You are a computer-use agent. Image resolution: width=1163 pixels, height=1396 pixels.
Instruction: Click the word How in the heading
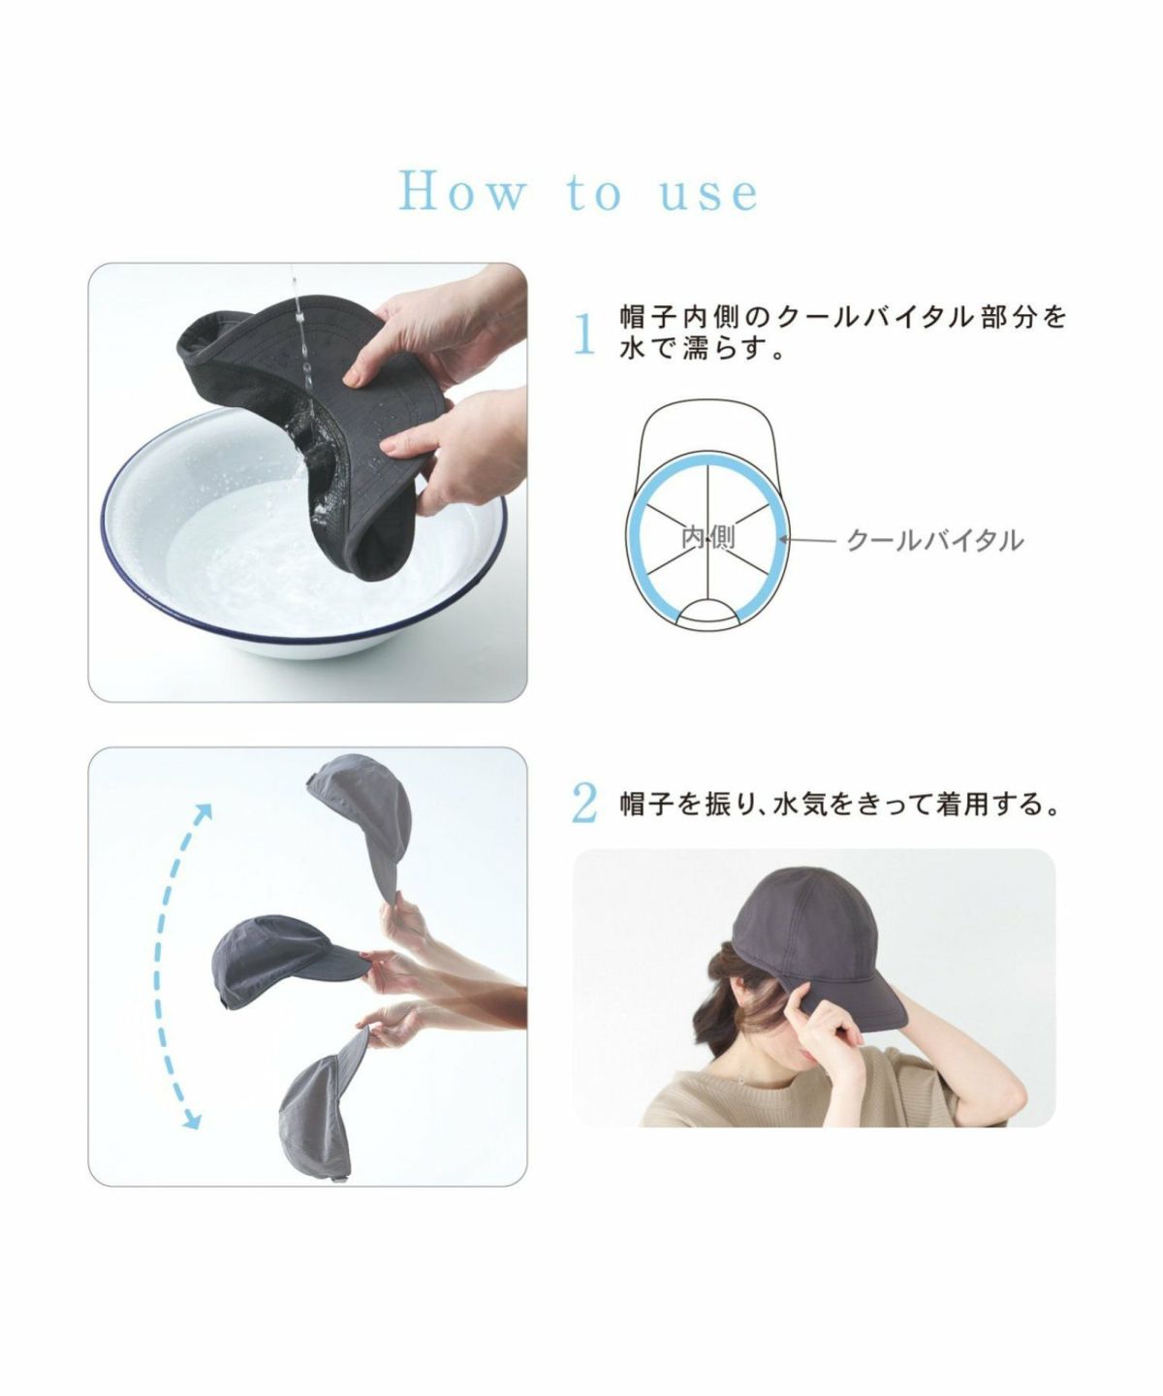tap(461, 192)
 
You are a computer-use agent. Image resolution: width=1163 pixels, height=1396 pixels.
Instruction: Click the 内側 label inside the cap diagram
tap(707, 537)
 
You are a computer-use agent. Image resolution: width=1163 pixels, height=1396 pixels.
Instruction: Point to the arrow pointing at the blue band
tap(809, 540)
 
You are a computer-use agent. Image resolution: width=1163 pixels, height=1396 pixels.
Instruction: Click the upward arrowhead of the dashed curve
tap(203, 812)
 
